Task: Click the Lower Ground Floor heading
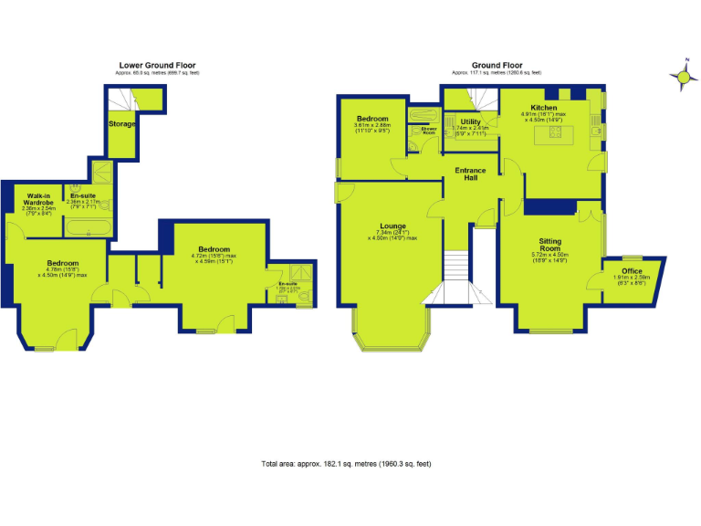click(x=157, y=66)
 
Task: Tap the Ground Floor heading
click(x=497, y=66)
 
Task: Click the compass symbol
click(x=682, y=78)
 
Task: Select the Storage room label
click(x=122, y=123)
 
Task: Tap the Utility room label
click(x=471, y=121)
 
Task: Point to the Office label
click(x=633, y=271)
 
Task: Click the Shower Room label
click(x=428, y=131)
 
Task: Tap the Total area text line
click(x=346, y=464)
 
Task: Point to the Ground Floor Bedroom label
click(x=372, y=120)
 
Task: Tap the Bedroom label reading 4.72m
click(x=214, y=249)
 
